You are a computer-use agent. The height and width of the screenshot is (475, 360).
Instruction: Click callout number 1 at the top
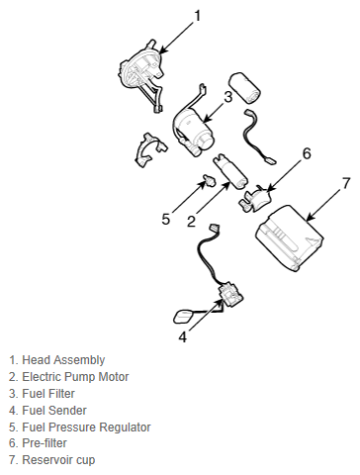(198, 16)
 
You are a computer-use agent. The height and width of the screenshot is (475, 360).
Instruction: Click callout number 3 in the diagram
(228, 97)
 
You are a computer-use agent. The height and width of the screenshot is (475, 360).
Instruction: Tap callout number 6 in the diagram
(307, 153)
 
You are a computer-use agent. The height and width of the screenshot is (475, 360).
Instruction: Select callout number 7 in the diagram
(345, 183)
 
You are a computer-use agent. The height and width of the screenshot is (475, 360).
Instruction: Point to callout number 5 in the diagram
(166, 219)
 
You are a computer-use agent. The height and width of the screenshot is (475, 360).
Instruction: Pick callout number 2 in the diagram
(191, 222)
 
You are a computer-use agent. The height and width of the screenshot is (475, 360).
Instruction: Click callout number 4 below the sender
(183, 336)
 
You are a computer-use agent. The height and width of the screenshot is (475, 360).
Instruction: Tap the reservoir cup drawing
(289, 238)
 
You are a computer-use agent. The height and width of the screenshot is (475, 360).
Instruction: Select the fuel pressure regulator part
(209, 180)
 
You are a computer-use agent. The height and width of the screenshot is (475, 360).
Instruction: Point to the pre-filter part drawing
(255, 199)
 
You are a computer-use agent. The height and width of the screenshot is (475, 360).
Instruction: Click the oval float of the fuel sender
(184, 317)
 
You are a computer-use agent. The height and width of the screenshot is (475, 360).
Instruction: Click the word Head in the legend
(37, 359)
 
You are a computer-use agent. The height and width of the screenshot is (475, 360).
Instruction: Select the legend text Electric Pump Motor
(75, 376)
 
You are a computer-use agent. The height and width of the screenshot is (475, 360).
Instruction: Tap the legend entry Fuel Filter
(48, 393)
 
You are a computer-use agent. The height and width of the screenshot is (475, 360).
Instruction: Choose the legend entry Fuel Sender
(54, 411)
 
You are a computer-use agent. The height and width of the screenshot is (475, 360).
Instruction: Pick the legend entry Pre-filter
(45, 442)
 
